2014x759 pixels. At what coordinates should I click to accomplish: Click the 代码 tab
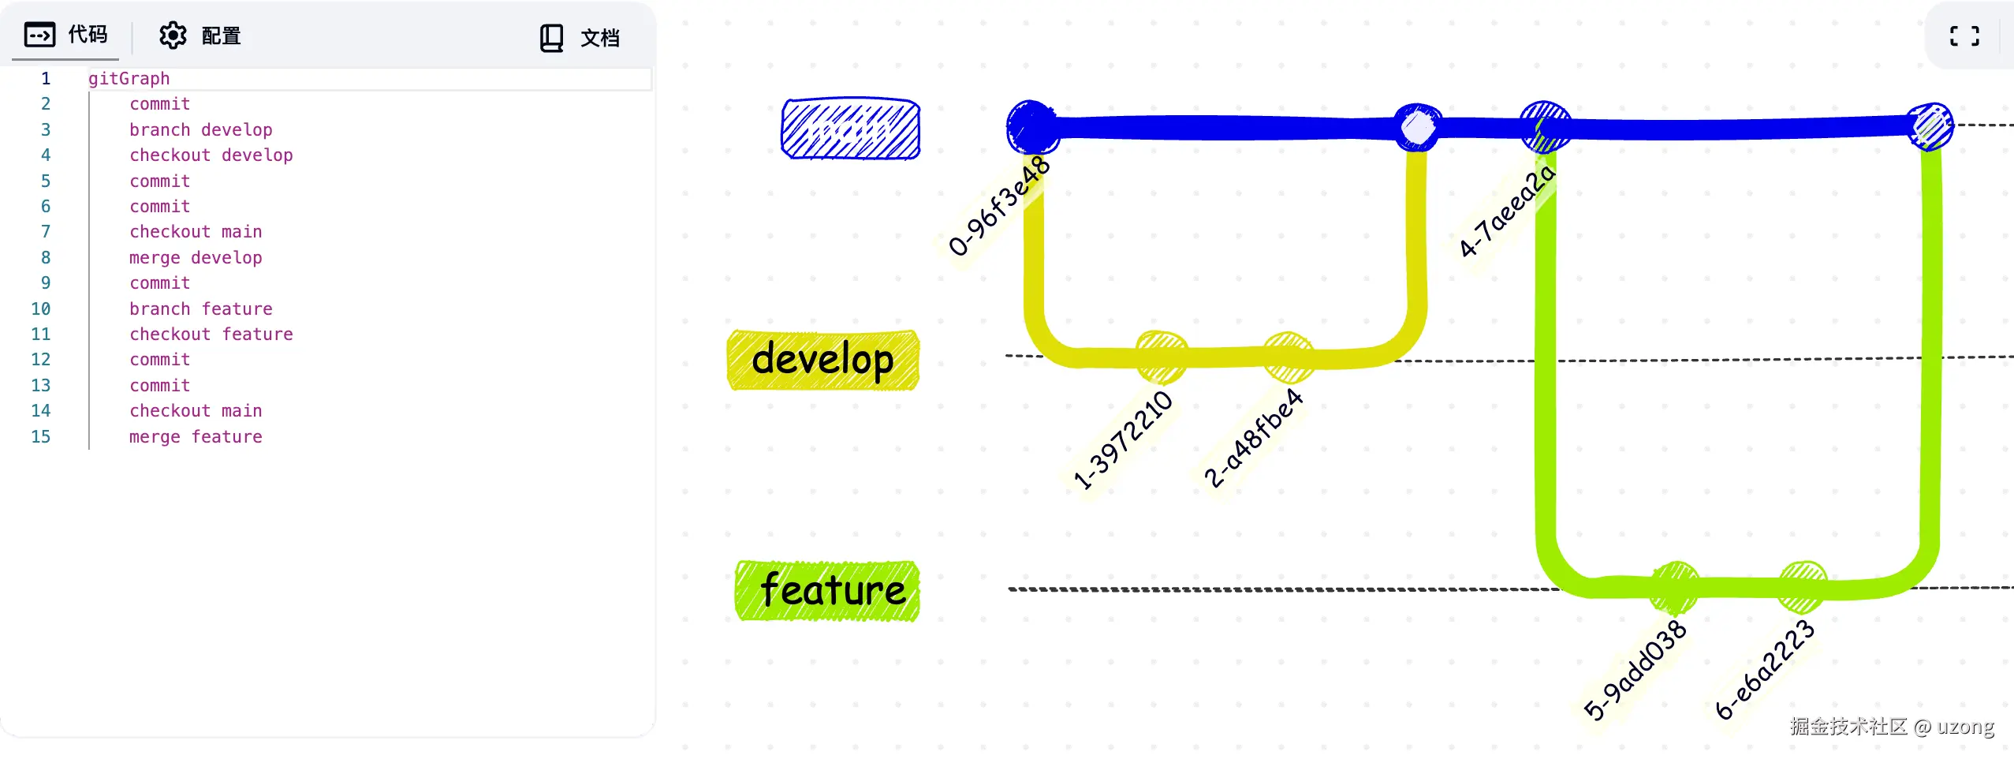(66, 36)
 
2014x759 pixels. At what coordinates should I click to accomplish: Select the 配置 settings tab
(200, 36)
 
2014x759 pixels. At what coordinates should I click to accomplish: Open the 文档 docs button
(580, 38)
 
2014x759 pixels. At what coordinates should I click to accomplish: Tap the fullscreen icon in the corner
(1964, 36)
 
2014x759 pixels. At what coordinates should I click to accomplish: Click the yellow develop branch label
(822, 360)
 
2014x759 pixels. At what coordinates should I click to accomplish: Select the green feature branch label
(827, 590)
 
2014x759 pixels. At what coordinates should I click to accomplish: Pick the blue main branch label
(850, 129)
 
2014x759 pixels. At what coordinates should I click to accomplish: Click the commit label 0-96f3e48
(999, 206)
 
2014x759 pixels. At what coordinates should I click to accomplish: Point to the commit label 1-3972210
(1123, 440)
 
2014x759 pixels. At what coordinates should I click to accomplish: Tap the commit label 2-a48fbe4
(1252, 439)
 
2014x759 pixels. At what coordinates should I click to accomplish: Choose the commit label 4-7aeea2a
(1506, 211)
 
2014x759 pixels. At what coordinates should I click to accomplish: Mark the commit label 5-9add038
(1635, 670)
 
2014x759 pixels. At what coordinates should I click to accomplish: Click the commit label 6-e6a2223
(1765, 670)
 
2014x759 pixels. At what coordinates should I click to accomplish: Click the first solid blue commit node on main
(1031, 126)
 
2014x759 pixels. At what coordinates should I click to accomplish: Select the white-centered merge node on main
(1417, 127)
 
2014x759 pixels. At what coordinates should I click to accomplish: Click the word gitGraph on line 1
(129, 78)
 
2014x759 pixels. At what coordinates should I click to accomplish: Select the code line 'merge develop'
(196, 258)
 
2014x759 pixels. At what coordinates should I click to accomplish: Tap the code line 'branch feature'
(201, 308)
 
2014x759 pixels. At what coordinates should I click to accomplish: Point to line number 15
(40, 436)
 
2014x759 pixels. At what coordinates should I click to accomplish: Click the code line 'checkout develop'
(211, 155)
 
